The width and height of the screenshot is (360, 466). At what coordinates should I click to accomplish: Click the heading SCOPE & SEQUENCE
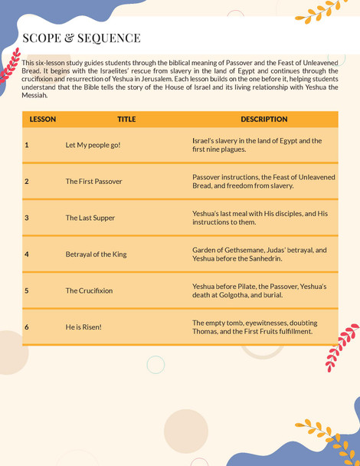coord(81,38)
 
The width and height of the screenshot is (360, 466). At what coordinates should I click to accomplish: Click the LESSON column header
coord(42,120)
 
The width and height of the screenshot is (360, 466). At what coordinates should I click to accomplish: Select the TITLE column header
coord(126,120)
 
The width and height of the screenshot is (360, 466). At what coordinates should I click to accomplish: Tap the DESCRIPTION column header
coord(263,120)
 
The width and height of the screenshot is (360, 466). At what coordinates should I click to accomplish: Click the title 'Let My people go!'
coord(93,145)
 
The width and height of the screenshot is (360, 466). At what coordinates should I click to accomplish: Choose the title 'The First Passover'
coord(93,182)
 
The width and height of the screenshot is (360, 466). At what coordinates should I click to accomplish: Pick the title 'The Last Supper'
coord(90,218)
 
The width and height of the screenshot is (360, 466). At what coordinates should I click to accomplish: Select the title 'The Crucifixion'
coord(89,290)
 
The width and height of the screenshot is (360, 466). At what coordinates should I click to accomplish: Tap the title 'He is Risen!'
coord(83,327)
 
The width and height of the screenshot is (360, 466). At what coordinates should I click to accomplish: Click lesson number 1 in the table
coord(27,145)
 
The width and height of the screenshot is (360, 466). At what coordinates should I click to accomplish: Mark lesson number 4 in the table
coord(27,254)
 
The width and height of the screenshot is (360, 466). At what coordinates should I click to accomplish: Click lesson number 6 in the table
coord(27,327)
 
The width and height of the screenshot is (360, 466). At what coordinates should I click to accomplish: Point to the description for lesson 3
coord(260,218)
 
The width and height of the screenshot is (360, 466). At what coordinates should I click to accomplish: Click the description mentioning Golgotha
coord(259,290)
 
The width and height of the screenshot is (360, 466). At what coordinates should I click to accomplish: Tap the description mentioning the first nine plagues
coord(257,145)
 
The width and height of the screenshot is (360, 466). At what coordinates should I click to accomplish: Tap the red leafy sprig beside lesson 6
coord(342,347)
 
